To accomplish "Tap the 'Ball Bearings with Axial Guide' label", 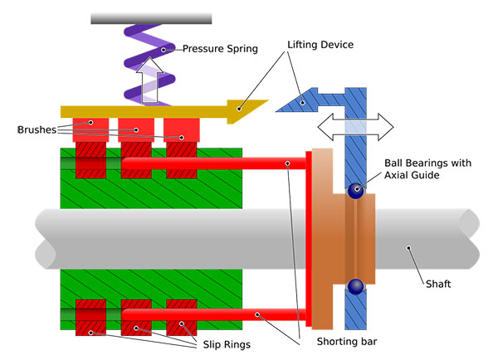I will click(x=427, y=170).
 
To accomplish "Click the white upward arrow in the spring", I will click(x=152, y=80).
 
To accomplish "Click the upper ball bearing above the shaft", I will click(x=355, y=190).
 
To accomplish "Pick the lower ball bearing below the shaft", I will click(x=355, y=287).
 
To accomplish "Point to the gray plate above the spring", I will click(x=150, y=17).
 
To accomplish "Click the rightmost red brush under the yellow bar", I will click(x=181, y=130).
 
